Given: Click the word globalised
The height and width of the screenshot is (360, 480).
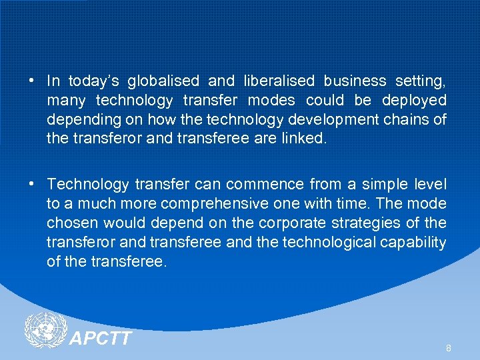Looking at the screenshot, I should pos(163,81).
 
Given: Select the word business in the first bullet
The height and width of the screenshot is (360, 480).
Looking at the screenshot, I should pos(355,81).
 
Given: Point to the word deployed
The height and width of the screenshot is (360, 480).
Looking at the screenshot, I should pos(414,101).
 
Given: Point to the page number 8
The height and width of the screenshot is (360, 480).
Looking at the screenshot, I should pos(449,348).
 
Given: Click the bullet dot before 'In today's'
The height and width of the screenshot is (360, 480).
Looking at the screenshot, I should pos(32,81).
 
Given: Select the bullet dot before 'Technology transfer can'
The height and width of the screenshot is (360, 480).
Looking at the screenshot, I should pos(32,184).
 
